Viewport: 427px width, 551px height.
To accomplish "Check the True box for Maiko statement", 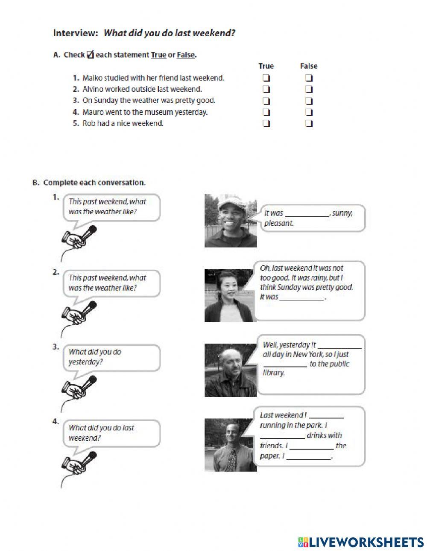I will point(266,78).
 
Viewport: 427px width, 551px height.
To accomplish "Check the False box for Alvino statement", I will point(309,90).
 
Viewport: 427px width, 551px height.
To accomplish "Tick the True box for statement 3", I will point(266,101).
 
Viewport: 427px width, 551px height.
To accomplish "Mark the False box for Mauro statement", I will point(309,113).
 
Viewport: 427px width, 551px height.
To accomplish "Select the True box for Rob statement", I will point(266,124).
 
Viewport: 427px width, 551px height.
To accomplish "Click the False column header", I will point(309,66).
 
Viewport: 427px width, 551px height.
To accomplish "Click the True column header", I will point(266,66).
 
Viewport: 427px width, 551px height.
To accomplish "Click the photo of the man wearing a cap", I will point(231,221).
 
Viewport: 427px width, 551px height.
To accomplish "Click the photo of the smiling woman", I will point(231,295).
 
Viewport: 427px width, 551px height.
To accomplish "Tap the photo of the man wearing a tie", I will point(231,445).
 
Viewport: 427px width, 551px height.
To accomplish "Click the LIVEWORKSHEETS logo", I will point(361,542).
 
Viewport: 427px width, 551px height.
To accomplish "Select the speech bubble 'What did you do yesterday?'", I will point(111,357).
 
